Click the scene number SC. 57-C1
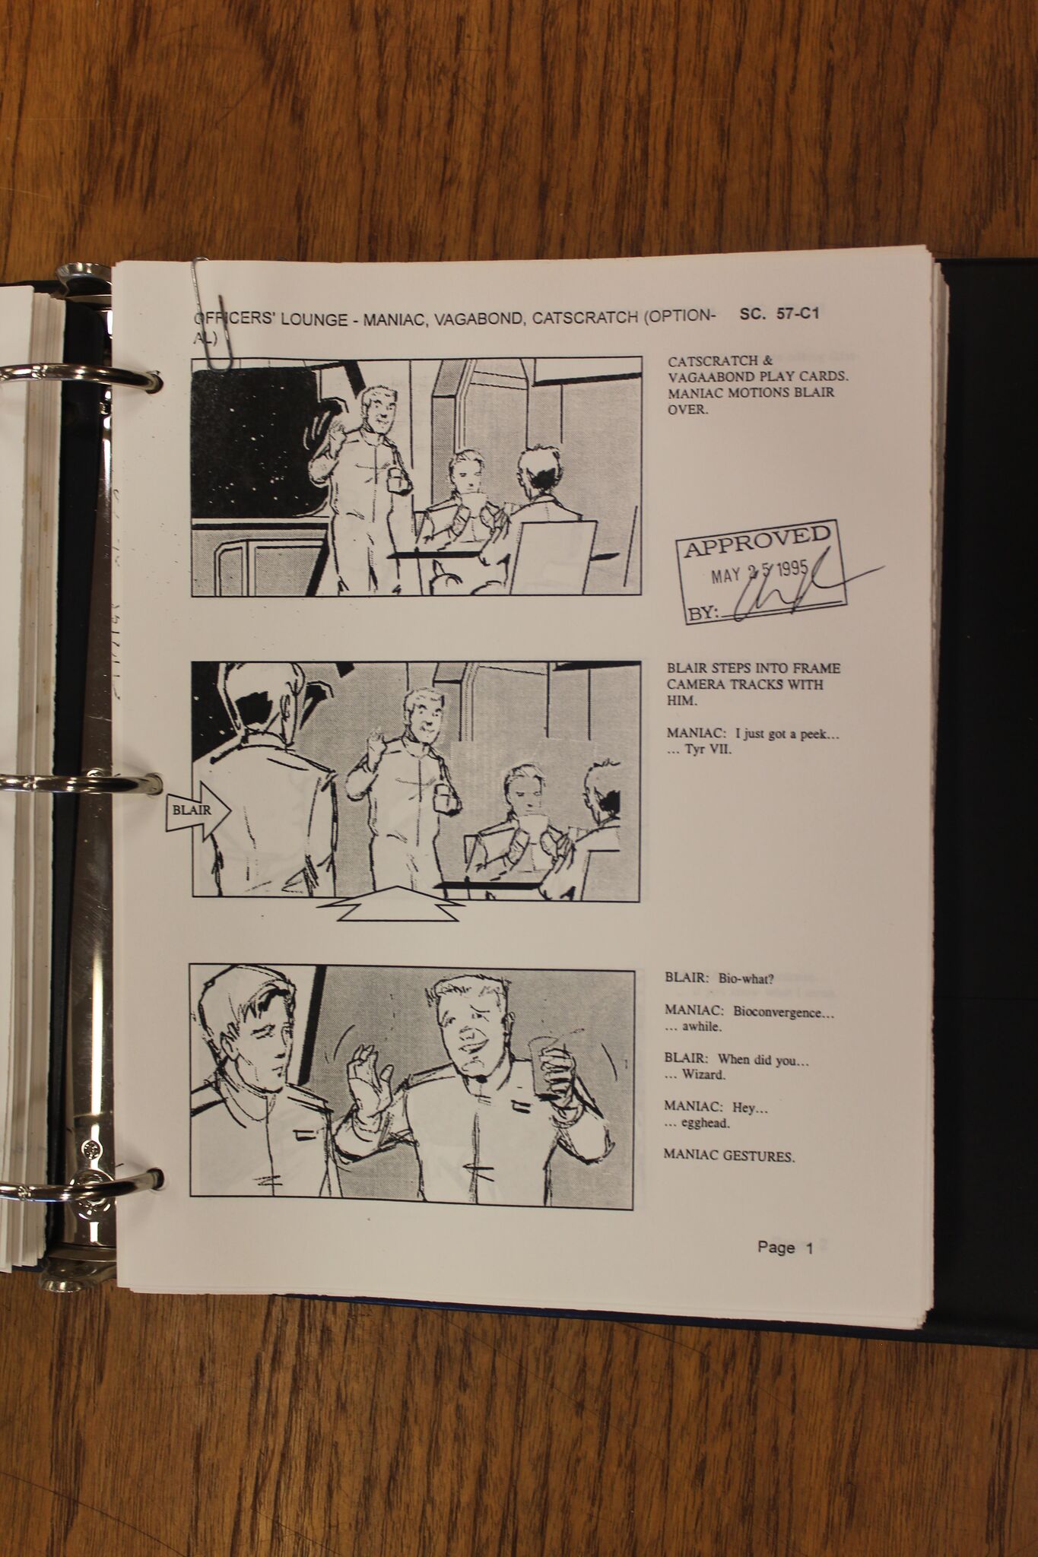click(779, 312)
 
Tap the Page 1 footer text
click(785, 1247)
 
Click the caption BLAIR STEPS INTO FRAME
click(753, 669)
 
